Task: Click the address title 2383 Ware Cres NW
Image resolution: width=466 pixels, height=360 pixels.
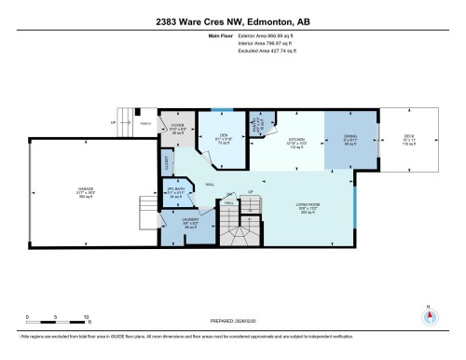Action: point(232,21)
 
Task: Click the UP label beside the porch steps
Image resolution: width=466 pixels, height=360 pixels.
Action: point(114,121)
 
